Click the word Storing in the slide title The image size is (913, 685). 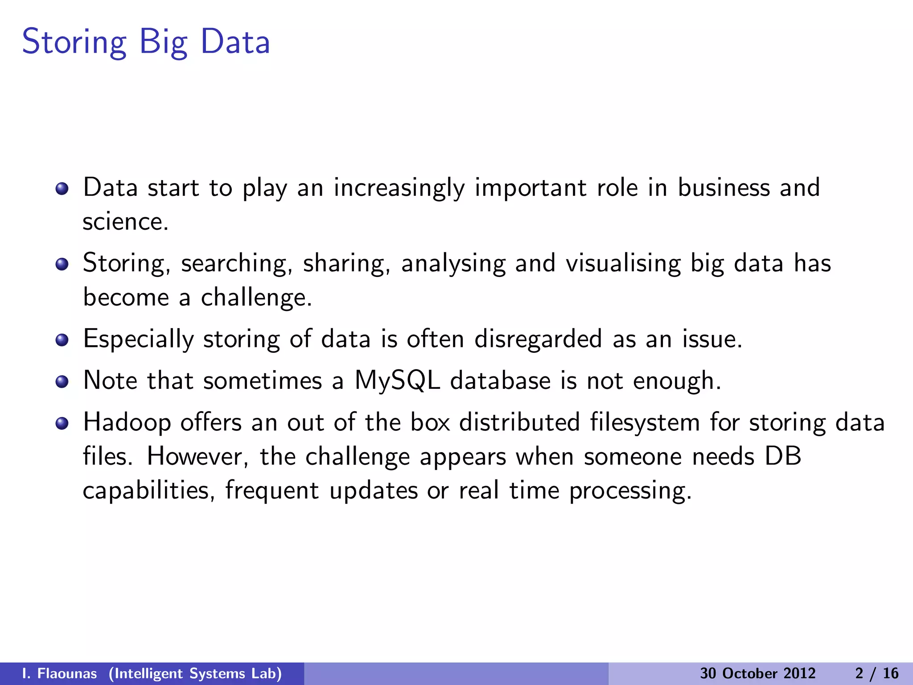74,42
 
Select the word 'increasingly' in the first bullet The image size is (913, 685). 399,188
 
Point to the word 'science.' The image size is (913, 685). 125,222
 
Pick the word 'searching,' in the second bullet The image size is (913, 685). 236,263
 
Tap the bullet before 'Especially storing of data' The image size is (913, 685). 62,340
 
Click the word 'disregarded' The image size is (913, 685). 538,339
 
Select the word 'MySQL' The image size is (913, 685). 397,381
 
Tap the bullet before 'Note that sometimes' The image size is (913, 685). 62,382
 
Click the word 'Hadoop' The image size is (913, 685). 127,423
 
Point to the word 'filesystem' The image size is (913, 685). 645,422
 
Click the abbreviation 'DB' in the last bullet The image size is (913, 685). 783,457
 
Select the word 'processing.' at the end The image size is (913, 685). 630,491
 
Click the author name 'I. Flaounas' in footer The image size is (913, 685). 59,673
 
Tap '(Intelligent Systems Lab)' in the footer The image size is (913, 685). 195,673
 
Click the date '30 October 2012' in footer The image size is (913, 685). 757,673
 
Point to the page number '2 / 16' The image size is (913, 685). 876,673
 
